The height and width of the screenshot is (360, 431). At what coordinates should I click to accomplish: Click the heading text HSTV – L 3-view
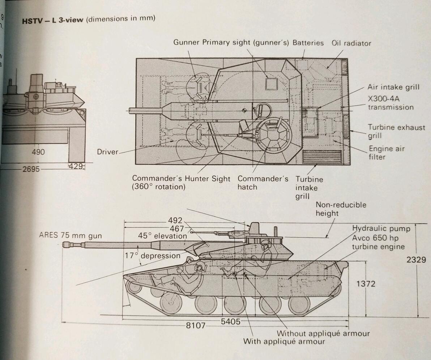(53, 20)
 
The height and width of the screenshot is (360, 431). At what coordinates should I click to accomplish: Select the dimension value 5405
(230, 321)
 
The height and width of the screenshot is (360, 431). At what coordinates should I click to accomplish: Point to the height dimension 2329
(416, 260)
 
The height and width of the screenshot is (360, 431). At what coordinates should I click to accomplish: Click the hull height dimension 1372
(366, 284)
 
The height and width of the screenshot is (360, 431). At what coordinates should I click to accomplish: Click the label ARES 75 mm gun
(71, 235)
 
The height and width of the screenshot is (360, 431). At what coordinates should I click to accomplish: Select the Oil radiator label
(351, 43)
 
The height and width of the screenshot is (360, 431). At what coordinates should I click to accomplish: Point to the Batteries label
(308, 43)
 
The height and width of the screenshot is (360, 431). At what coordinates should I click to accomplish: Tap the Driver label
(107, 152)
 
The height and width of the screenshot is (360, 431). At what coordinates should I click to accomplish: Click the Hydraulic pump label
(381, 229)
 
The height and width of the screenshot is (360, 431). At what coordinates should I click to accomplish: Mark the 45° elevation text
(162, 236)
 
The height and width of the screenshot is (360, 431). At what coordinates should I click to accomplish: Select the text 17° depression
(153, 256)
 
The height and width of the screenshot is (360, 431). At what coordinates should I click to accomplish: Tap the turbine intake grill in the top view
(322, 157)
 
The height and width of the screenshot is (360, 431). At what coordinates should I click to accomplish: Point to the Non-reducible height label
(341, 209)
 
